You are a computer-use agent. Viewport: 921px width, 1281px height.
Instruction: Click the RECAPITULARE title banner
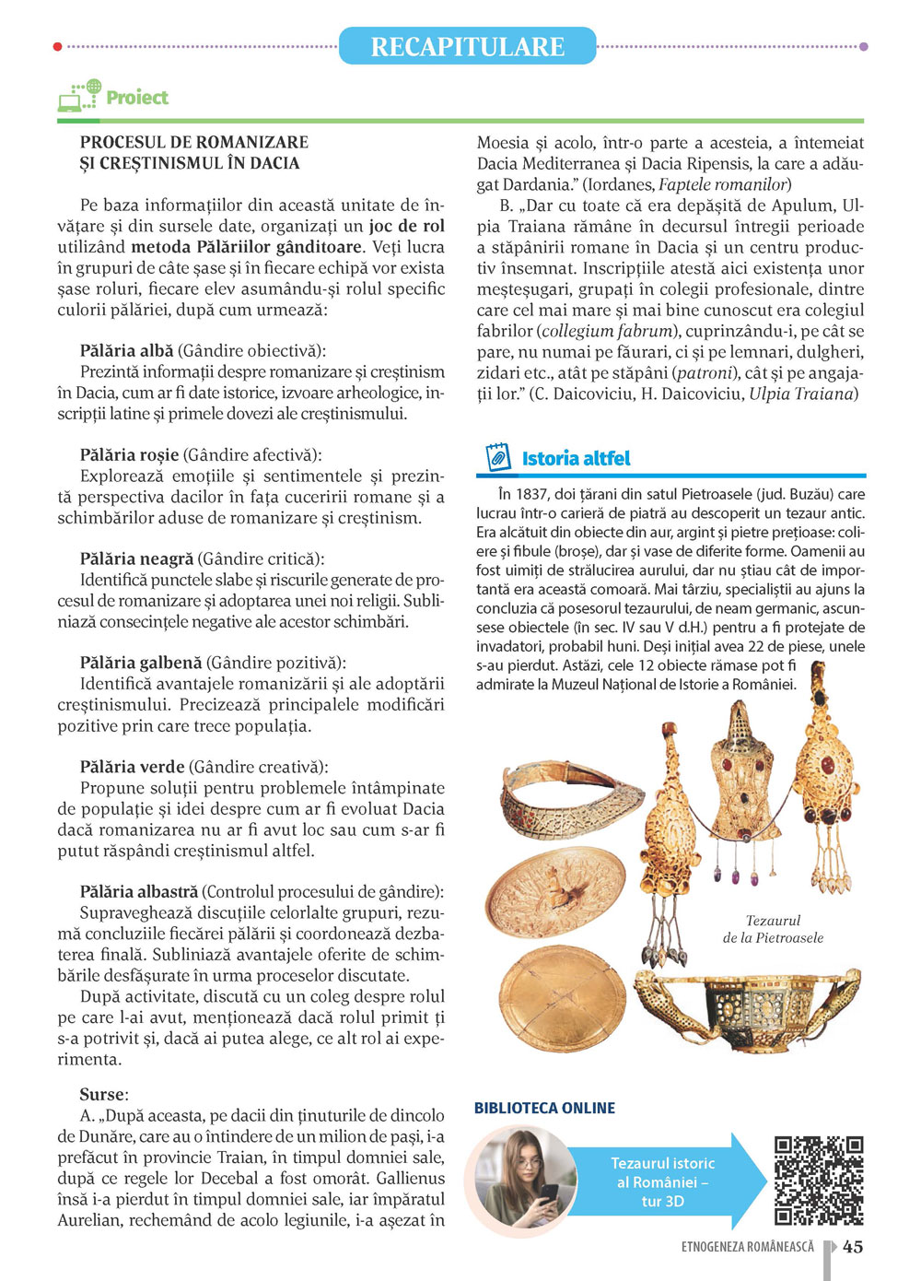click(x=467, y=46)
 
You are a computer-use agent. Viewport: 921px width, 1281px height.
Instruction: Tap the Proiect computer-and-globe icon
click(x=79, y=96)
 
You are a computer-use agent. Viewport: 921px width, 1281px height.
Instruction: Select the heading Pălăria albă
click(x=126, y=350)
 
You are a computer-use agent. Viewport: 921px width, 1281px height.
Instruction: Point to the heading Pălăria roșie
click(x=129, y=454)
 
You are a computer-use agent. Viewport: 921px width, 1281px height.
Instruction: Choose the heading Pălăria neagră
click(x=136, y=558)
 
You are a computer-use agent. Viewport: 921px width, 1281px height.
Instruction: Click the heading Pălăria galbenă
click(x=141, y=663)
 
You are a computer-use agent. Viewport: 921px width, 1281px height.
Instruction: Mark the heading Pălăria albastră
click(x=139, y=891)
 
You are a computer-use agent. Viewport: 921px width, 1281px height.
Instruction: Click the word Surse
click(x=102, y=1094)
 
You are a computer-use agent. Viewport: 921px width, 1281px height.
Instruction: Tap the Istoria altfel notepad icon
click(x=497, y=457)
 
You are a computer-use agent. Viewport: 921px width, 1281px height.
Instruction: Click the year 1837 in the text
click(x=532, y=494)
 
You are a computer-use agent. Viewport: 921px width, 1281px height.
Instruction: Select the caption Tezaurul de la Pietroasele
click(x=773, y=929)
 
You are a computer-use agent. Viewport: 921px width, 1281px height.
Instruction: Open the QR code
click(x=818, y=1181)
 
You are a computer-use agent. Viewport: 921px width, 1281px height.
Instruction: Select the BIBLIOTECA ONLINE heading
click(x=544, y=1108)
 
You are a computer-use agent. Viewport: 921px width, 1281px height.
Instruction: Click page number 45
click(x=853, y=1247)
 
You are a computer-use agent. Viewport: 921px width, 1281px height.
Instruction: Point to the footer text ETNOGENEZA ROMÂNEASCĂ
click(x=748, y=1247)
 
